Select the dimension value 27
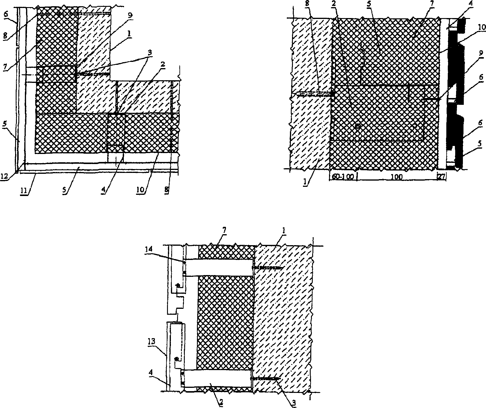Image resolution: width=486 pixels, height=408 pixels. click(x=441, y=177)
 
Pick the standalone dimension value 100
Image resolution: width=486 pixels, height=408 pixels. click(x=396, y=177)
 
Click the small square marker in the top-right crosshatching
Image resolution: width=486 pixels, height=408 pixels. click(x=357, y=126)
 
